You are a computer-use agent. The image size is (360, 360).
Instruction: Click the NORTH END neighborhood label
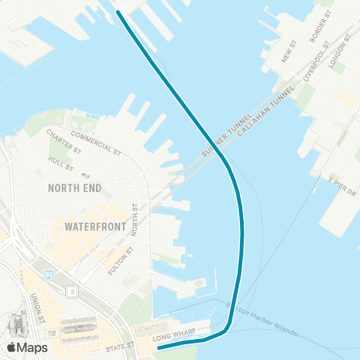point(74,187)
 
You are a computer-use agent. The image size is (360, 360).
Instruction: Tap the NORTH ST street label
point(136,219)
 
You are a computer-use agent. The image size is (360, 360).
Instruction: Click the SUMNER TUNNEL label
point(219,139)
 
